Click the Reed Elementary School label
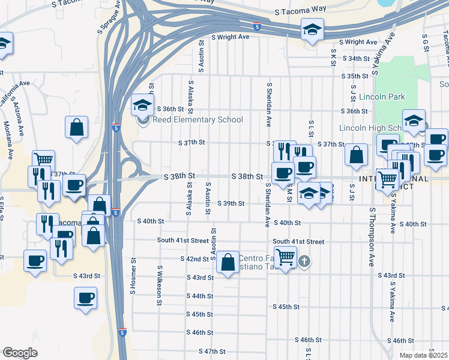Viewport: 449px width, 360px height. (197, 119)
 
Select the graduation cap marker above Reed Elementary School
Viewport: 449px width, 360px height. (143, 105)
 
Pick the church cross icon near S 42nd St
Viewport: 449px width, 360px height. (305, 261)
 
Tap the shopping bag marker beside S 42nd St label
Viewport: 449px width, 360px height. (228, 262)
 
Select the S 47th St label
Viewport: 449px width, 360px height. (212, 351)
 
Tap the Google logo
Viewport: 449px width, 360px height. (20, 352)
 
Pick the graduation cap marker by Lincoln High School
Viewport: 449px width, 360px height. (414, 121)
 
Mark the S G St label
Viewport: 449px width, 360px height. (424, 43)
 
